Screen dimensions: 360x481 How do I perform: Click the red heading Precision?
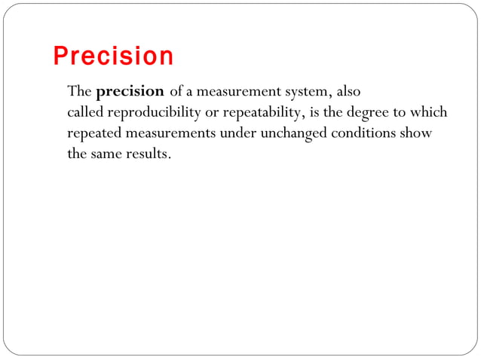coord(113,56)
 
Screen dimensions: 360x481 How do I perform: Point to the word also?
coord(347,92)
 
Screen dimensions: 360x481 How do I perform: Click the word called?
coord(86,113)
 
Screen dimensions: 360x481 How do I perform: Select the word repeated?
coord(93,135)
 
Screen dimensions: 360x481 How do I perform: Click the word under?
coord(235,134)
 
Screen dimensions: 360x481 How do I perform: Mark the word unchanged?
coord(289,135)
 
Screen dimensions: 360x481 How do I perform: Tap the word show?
coord(415,134)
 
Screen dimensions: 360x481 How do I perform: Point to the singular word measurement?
coord(235,93)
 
